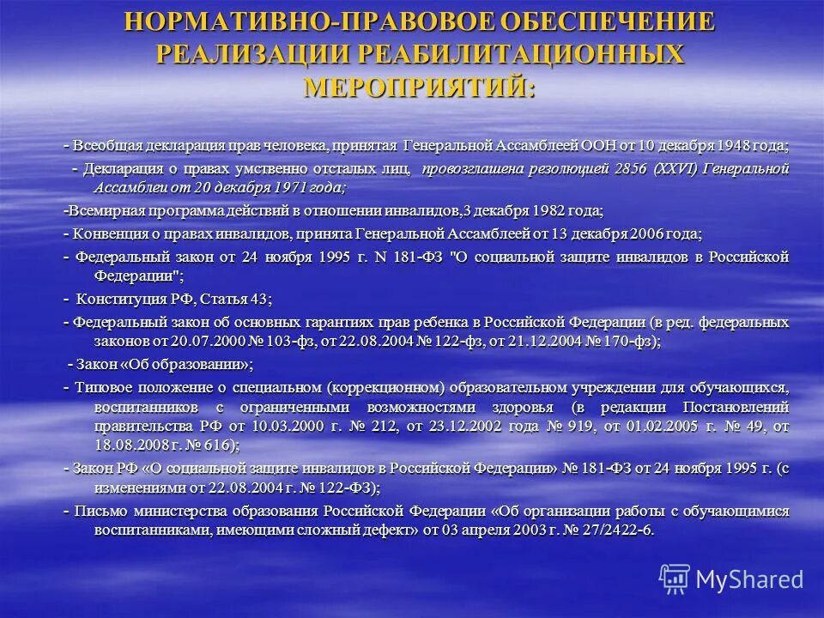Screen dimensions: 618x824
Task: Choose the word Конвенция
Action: [108, 233]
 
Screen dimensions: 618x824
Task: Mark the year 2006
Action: [645, 233]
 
